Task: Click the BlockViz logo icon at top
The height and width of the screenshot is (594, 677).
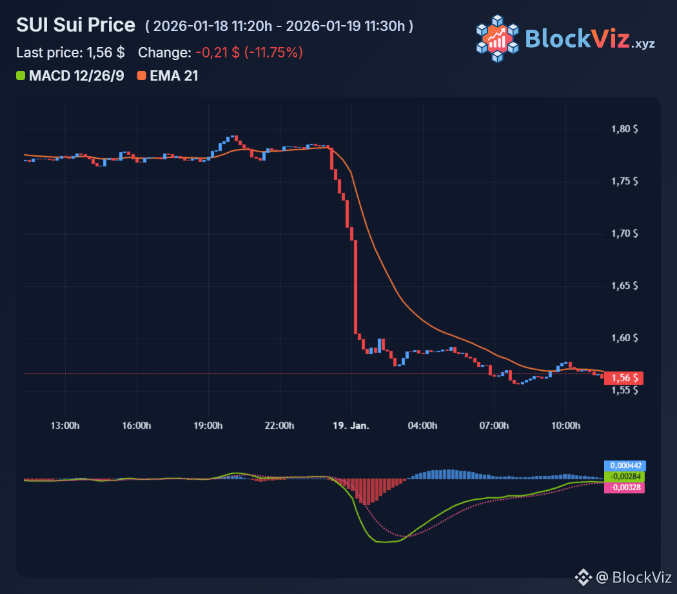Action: click(496, 39)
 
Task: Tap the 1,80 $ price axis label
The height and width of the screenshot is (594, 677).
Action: click(624, 129)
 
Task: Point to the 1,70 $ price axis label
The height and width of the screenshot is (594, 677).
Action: click(624, 233)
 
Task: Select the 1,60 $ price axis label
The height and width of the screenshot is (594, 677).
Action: click(624, 338)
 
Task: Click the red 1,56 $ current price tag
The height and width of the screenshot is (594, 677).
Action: click(623, 378)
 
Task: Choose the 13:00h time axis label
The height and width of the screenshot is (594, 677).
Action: click(66, 426)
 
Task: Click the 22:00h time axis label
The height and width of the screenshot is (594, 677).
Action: click(280, 426)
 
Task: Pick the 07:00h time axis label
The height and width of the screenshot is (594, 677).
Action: click(494, 426)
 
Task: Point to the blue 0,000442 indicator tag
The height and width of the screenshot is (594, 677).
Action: click(624, 466)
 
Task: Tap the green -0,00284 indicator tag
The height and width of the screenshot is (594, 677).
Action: click(624, 477)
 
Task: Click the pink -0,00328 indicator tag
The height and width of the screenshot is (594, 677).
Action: click(624, 488)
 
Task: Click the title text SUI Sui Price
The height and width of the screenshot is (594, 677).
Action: click(76, 25)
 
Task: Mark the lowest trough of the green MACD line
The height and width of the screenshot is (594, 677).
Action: click(385, 542)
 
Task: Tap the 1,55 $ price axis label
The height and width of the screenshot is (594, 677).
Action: click(624, 390)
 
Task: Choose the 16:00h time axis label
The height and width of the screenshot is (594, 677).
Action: click(137, 426)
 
